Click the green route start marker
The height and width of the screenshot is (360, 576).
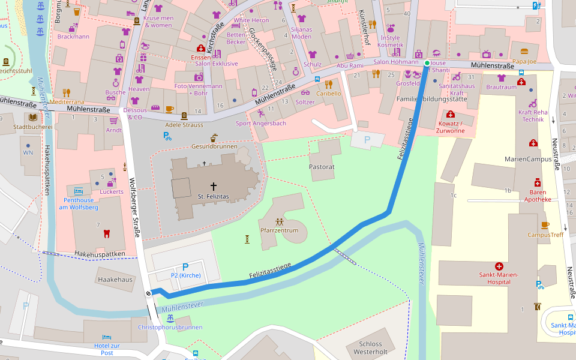427,63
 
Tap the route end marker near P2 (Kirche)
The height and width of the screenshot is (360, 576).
149,293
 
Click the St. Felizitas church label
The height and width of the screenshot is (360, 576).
213,196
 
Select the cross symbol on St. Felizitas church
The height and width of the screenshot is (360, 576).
213,187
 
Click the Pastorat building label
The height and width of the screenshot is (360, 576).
322,166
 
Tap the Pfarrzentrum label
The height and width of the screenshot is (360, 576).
279,230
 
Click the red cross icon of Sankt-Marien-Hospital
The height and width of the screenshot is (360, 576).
499,266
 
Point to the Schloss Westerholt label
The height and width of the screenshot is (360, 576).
370,347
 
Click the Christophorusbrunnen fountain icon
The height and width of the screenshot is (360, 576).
170,318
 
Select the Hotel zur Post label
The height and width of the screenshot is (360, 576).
107,349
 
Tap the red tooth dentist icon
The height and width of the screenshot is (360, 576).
107,233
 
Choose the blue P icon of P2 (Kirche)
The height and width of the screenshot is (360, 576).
185,267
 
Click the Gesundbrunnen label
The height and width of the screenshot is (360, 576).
214,146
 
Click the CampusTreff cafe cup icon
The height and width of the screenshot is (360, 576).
545,226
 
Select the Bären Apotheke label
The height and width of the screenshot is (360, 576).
538,196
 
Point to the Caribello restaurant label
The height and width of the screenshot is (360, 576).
328,94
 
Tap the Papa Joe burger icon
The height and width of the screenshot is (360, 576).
524,52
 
